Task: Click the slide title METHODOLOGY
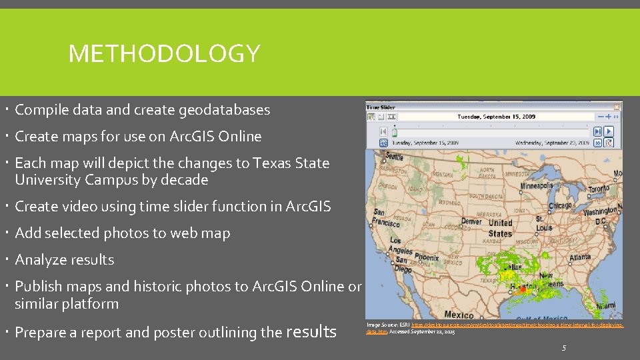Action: pyautogui.click(x=164, y=53)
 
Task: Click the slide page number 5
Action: pyautogui.click(x=564, y=347)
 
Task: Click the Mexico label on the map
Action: pyautogui.click(x=459, y=314)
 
